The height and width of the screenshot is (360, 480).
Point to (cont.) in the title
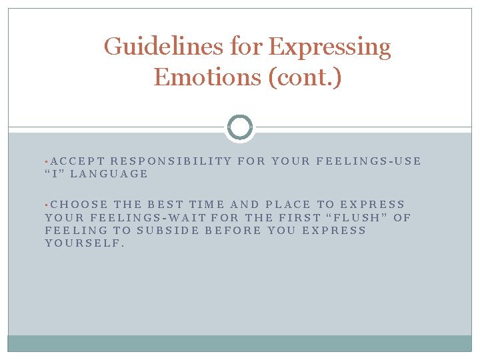click(304, 77)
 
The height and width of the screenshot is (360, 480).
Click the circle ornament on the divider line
click(240, 127)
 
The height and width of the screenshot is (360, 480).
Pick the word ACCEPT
click(77, 161)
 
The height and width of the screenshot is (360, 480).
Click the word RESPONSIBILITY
click(171, 161)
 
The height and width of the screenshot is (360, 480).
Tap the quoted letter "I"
click(54, 174)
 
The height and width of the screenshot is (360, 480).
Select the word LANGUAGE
click(109, 174)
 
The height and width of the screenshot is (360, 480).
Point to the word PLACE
click(287, 205)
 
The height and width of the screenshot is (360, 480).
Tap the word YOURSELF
click(85, 243)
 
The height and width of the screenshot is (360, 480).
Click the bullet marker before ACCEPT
click(47, 161)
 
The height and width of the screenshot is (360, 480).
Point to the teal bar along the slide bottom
click(240, 343)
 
